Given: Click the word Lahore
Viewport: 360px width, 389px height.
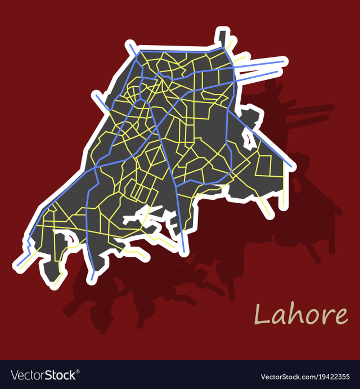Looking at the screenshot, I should (x=301, y=315).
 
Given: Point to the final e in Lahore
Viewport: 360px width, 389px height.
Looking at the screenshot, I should (x=341, y=317).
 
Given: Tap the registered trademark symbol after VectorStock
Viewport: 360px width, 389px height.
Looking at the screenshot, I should (x=78, y=371).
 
